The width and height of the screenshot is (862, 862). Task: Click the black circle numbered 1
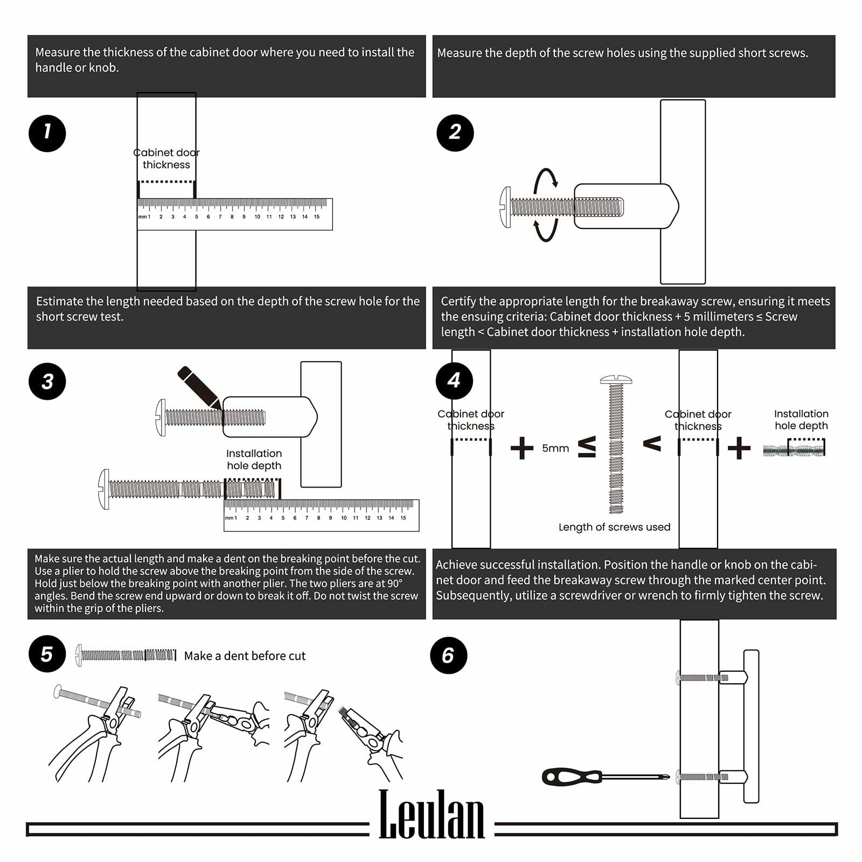click(47, 133)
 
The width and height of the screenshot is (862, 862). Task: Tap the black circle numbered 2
click(455, 133)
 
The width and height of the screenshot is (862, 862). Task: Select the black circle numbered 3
click(47, 381)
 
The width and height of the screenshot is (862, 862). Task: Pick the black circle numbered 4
click(454, 381)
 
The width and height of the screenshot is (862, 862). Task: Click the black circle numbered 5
click(47, 655)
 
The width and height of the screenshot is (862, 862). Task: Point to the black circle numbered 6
click(448, 656)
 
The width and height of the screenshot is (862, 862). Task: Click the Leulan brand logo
click(432, 815)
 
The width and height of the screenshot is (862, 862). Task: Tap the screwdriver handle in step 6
click(571, 777)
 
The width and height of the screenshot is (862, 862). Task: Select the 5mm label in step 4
click(555, 448)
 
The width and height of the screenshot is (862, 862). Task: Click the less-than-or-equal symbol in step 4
click(587, 447)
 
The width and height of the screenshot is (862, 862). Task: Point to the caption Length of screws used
click(614, 527)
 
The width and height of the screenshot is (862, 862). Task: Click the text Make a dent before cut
click(245, 656)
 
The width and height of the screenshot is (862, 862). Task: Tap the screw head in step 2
click(505, 207)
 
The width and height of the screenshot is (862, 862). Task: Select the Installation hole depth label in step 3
click(254, 460)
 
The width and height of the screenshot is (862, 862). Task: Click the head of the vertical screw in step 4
click(616, 380)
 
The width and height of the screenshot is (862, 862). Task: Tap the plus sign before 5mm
click(522, 448)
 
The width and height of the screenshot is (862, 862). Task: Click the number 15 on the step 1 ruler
click(317, 217)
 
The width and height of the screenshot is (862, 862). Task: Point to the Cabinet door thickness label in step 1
click(166, 158)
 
